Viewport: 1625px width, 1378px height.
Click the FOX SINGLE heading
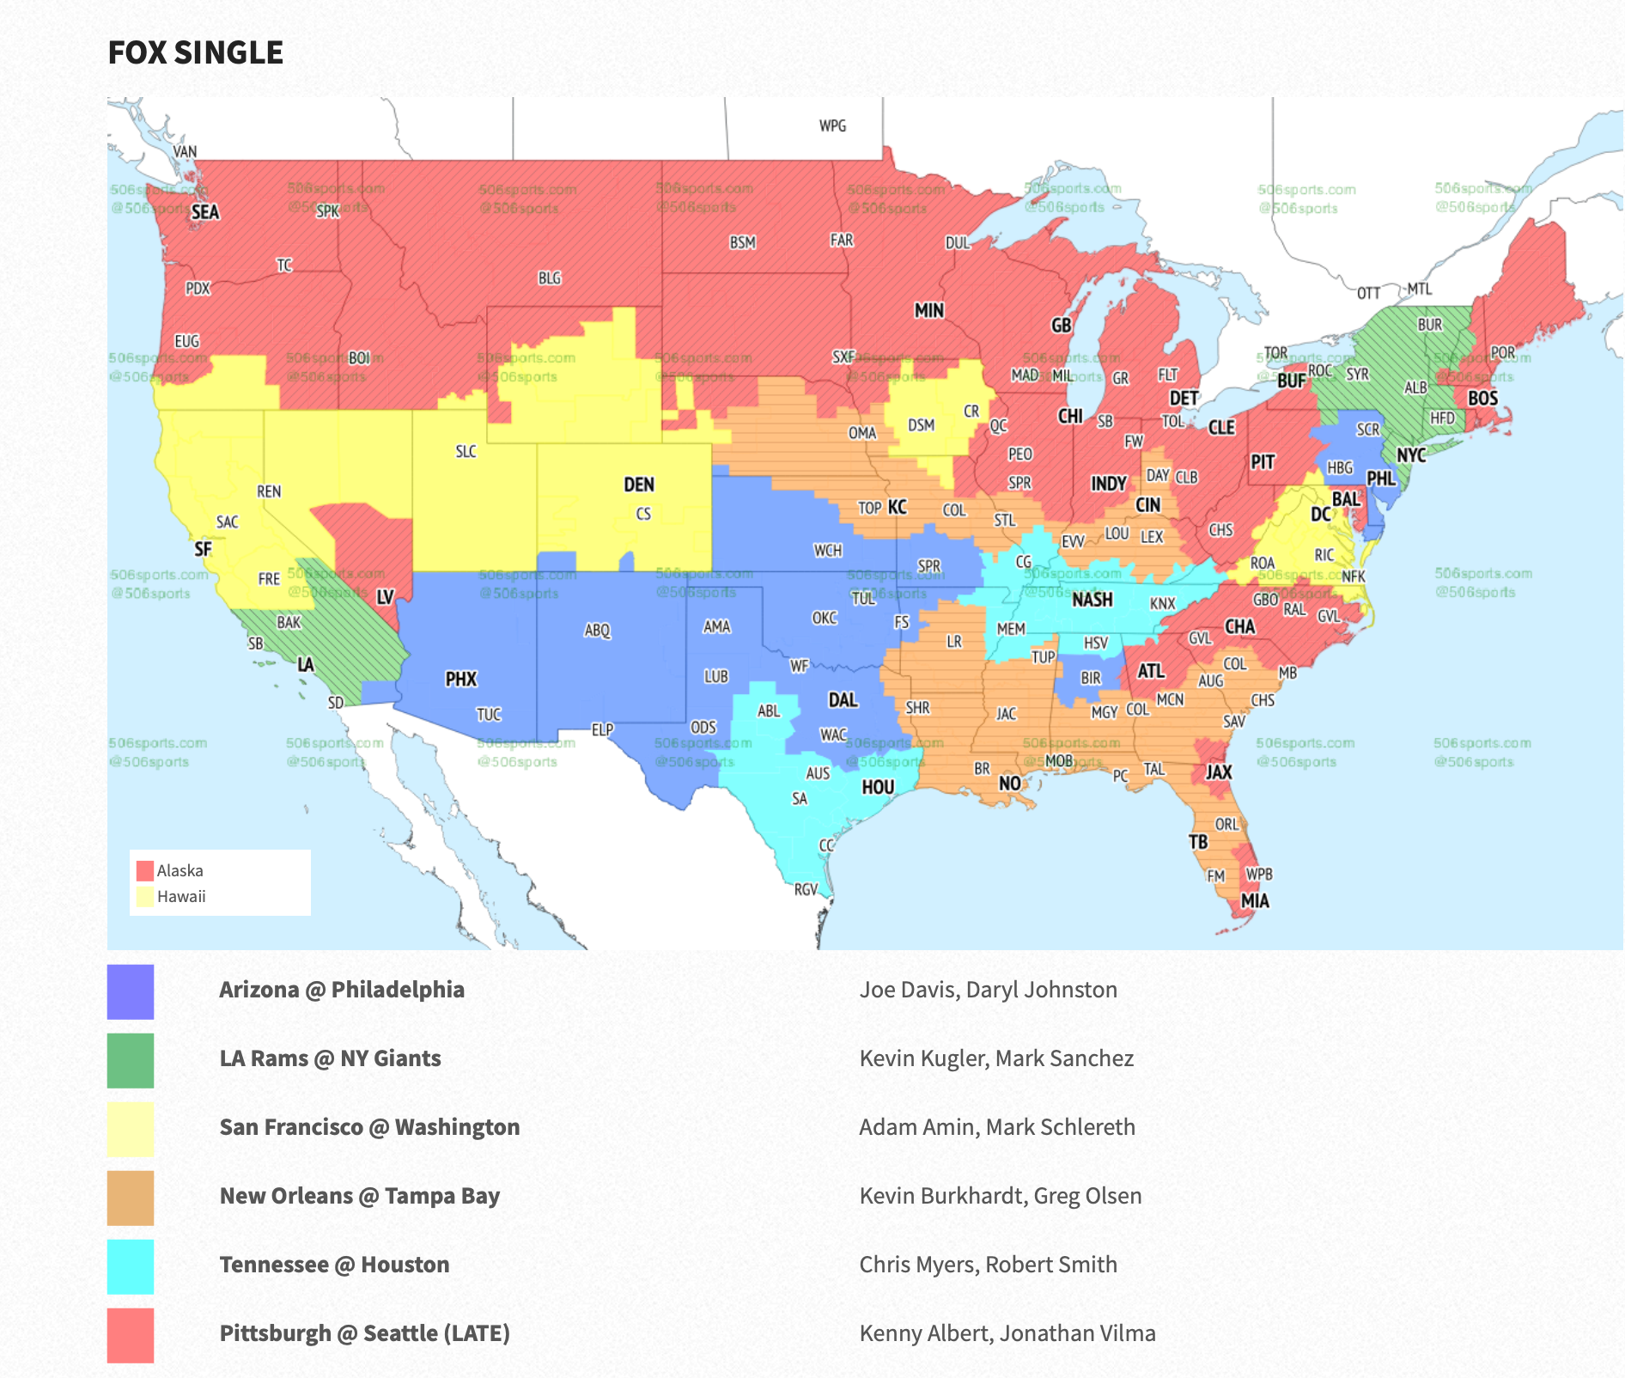(x=195, y=53)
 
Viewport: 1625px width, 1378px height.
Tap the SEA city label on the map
(x=204, y=212)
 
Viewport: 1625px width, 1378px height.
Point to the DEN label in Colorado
(x=639, y=485)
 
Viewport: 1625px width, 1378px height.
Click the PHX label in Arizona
(x=460, y=680)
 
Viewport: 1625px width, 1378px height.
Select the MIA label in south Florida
(x=1255, y=901)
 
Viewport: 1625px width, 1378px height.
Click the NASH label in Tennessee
(x=1092, y=600)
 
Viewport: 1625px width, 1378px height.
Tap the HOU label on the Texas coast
(x=878, y=787)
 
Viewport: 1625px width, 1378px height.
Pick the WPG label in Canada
(x=832, y=126)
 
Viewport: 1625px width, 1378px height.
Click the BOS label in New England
(x=1482, y=399)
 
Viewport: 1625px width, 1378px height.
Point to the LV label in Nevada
(x=385, y=597)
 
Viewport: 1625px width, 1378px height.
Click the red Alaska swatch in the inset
(x=145, y=871)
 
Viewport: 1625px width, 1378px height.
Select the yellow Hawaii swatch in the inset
(x=145, y=897)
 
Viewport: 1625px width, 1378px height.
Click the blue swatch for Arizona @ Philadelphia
(x=131, y=991)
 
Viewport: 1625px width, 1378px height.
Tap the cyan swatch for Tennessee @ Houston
(x=131, y=1266)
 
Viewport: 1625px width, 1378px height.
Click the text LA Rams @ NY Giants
(x=330, y=1058)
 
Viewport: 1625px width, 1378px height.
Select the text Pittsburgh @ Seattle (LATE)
(x=364, y=1333)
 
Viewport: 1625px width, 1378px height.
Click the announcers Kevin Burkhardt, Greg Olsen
(x=1000, y=1196)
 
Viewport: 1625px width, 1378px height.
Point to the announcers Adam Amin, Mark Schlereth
(x=996, y=1127)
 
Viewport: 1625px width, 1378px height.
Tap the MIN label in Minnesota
(x=928, y=310)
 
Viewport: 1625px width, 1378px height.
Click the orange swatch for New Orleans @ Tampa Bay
(x=131, y=1198)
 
